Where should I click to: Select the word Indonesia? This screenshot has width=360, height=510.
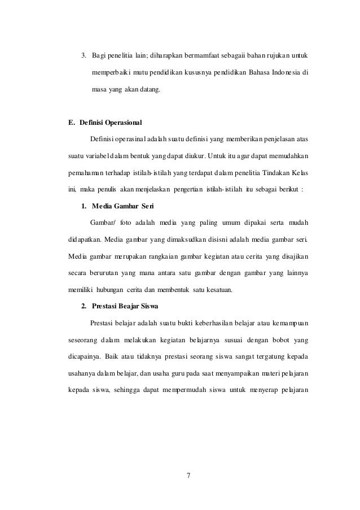(x=283, y=72)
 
